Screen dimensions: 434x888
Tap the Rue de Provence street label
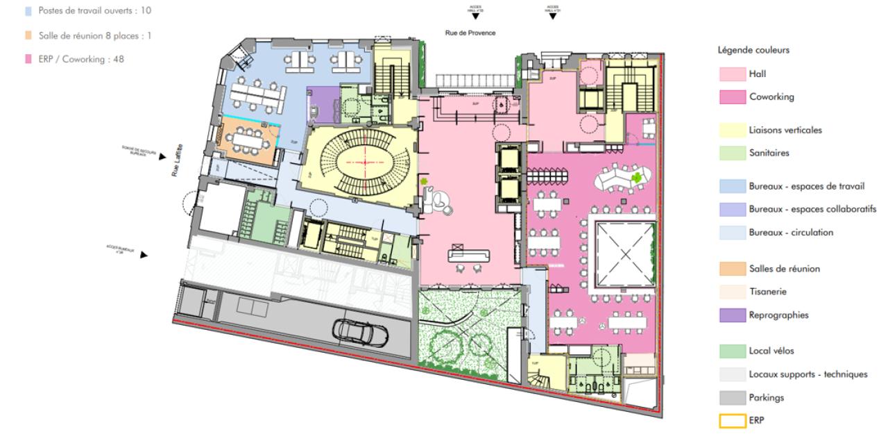pyautogui.click(x=470, y=33)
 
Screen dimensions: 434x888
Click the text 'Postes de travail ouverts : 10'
pyautogui.click(x=87, y=11)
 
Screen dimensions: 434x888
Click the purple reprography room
pyautogui.click(x=323, y=103)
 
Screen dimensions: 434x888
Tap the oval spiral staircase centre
pyautogui.click(x=361, y=160)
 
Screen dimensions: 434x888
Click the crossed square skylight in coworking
pyautogui.click(x=622, y=254)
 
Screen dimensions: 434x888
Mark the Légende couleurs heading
pyautogui.click(x=753, y=51)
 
